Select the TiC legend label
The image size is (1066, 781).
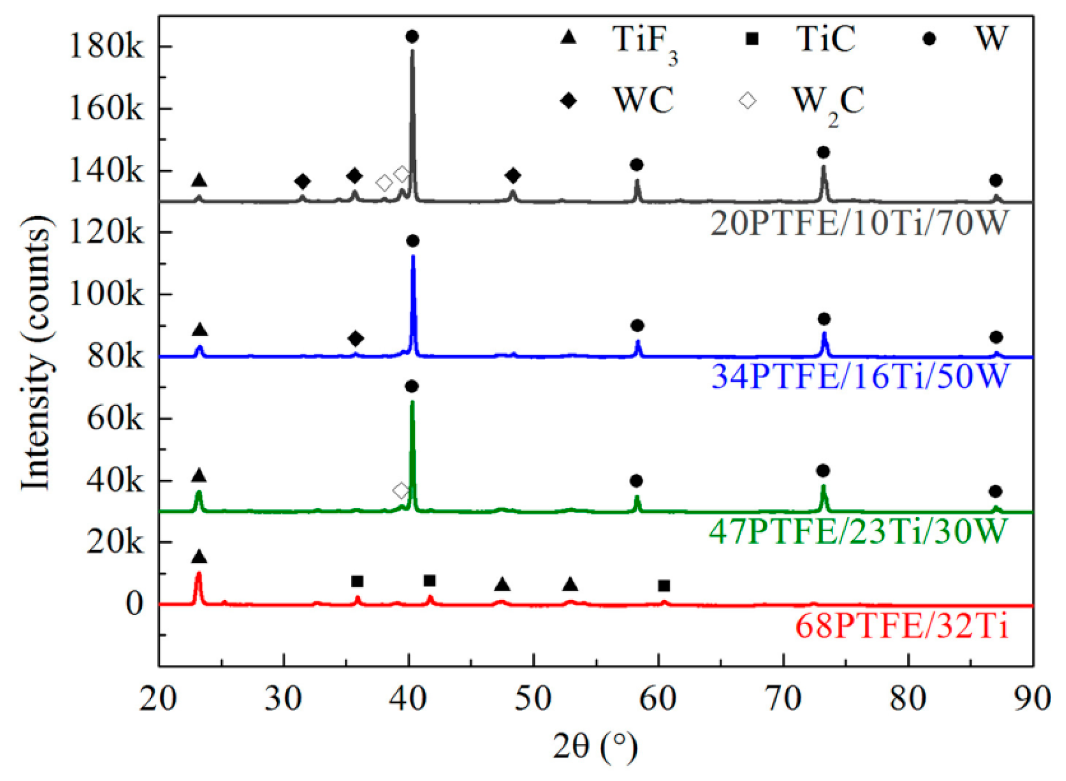tap(825, 39)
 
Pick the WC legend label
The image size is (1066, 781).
tap(643, 100)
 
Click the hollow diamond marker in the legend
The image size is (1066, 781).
tap(748, 100)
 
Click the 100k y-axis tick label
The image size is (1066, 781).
tap(106, 295)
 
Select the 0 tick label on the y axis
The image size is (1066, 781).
tap(134, 604)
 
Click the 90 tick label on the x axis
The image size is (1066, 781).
tap(1032, 699)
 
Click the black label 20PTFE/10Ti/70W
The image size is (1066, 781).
tap(860, 223)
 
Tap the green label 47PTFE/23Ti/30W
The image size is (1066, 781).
tap(859, 531)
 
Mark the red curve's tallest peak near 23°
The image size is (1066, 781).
tap(199, 573)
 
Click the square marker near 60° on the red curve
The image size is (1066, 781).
tap(664, 586)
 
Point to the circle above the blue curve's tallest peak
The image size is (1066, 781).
tap(413, 241)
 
